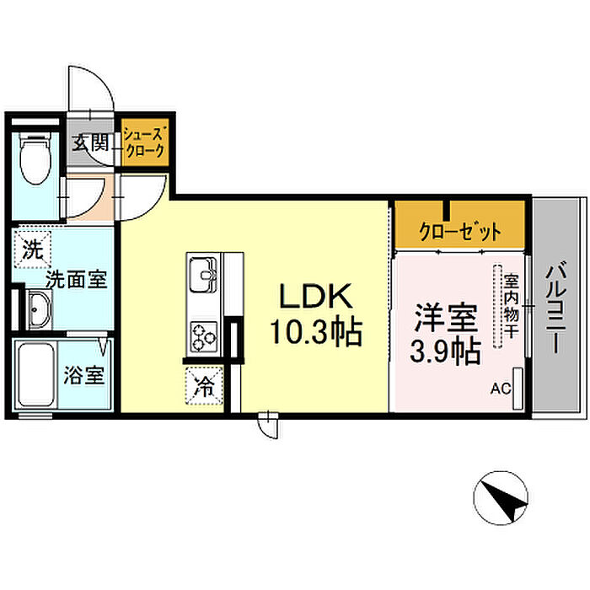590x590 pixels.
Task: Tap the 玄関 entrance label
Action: point(90,143)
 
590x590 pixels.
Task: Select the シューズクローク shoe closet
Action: point(145,142)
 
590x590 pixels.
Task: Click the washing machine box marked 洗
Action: point(32,249)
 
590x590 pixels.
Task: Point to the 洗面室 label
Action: point(77,279)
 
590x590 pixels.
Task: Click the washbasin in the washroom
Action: point(39,309)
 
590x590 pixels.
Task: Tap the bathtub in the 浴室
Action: point(35,374)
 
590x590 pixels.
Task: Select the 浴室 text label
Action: point(84,375)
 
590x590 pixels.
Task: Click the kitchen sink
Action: point(203,275)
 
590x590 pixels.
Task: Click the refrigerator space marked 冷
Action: point(204,386)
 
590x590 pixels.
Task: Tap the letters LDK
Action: point(315,296)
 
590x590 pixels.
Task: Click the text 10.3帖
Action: point(316,333)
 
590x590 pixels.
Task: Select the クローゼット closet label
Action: point(460,232)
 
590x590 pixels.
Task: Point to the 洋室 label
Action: point(446,319)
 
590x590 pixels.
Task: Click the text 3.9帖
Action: point(445,351)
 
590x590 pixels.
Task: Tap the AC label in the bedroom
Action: point(501,389)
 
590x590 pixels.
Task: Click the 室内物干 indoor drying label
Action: point(512,306)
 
